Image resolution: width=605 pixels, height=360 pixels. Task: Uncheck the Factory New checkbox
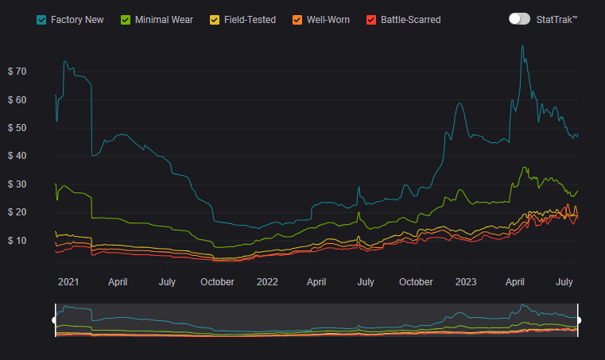pos(41,19)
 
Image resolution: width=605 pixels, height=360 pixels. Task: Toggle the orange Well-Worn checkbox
pos(297,19)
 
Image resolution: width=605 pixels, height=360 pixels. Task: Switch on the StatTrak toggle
pos(519,18)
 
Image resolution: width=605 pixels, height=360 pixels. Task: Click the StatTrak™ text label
pos(557,18)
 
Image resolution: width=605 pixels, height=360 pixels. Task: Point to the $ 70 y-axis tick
pos(16,72)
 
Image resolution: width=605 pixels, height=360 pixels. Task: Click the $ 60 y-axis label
pos(16,100)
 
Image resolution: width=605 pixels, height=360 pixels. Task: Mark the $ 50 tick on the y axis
pos(16,128)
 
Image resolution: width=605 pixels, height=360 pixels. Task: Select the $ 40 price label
pos(16,157)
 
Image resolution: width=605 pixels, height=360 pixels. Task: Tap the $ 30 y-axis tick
pos(16,184)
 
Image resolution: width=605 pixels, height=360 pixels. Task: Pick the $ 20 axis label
pos(16,212)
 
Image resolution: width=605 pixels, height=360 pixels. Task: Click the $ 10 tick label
pos(16,241)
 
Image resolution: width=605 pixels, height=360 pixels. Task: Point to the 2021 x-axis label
pos(68,281)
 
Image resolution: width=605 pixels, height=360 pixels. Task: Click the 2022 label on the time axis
pos(267,281)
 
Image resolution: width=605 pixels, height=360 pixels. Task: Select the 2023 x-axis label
pos(466,281)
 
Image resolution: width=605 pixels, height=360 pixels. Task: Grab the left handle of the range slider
pos(55,320)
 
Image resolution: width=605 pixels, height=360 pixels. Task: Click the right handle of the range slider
pos(578,320)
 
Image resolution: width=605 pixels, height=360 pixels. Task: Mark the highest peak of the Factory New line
pos(522,45)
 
